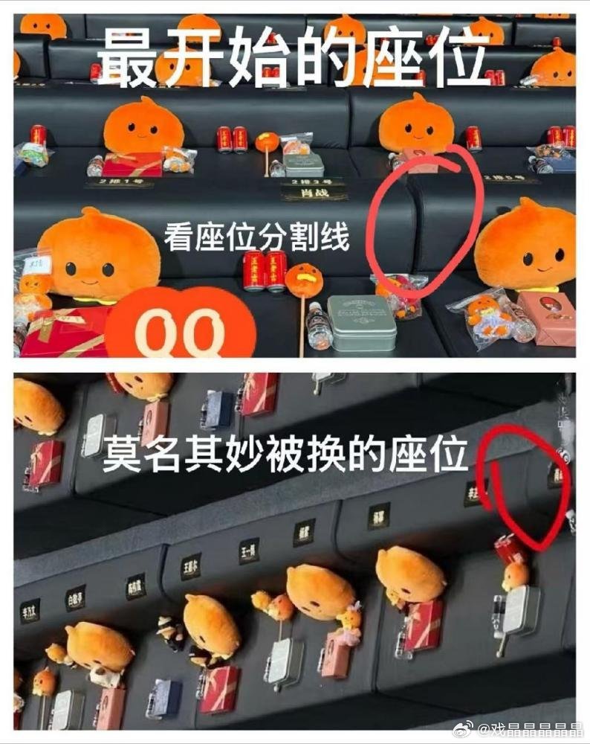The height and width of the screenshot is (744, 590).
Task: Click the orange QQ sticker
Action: pos(185,327)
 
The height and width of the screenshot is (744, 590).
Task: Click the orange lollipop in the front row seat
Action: pos(305,282)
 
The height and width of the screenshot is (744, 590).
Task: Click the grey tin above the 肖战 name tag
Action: pos(303,164)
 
